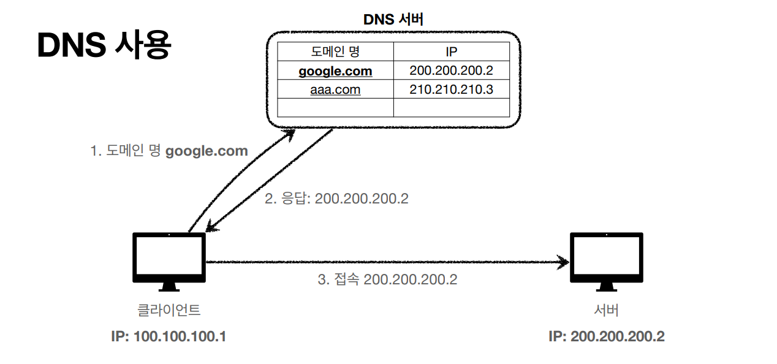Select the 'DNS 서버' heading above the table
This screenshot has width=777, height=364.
coord(393,19)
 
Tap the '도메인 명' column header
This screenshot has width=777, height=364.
coord(335,51)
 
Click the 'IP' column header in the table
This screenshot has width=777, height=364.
coord(451,51)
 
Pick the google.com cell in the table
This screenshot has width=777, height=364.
coord(335,71)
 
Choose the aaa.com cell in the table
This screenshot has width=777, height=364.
coord(335,90)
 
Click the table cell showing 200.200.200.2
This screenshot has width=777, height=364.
coord(451,71)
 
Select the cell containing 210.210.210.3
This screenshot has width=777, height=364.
coord(451,90)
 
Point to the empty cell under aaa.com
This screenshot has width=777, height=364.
coord(335,108)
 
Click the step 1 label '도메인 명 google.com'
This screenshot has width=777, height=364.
coord(169,151)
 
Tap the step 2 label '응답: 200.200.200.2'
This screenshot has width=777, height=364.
coord(336,199)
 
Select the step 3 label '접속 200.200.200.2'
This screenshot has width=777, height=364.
coord(387,279)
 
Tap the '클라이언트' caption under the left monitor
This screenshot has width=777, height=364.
coord(169,310)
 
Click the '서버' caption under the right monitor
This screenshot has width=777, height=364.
coord(606,310)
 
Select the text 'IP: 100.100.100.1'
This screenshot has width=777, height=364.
coord(169,336)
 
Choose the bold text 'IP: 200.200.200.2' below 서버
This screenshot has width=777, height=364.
coord(606,336)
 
